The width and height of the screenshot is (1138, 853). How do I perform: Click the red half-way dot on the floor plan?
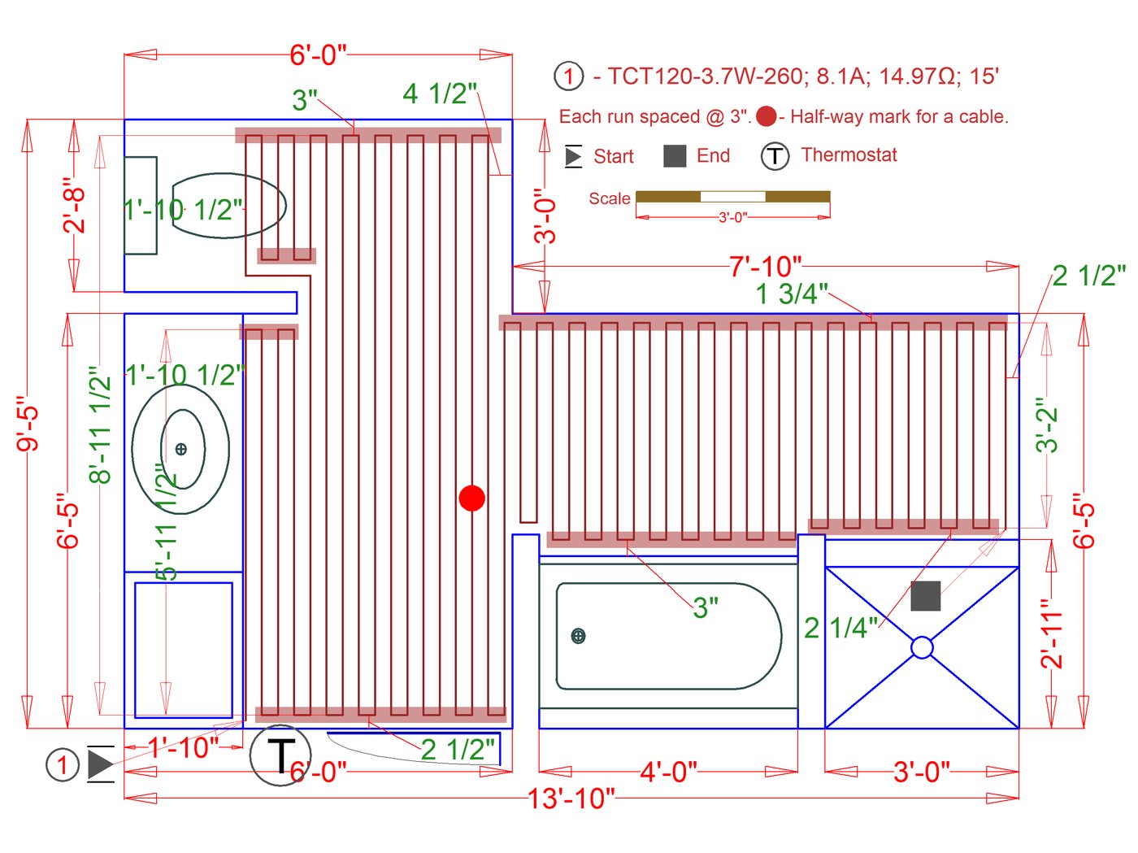tap(471, 498)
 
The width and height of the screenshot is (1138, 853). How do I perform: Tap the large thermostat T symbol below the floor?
tap(280, 755)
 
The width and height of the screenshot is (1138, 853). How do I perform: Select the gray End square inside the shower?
tap(925, 596)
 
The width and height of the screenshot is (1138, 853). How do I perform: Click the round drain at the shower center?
tap(922, 647)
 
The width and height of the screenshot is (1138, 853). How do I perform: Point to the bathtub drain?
tap(578, 636)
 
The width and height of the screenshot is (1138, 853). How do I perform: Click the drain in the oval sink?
tap(180, 449)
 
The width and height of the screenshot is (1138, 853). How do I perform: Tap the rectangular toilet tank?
tap(140, 206)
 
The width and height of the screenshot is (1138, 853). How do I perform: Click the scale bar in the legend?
tap(732, 197)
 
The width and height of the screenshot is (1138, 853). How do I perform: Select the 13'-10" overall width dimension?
tap(571, 799)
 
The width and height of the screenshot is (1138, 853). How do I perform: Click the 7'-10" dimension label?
tap(765, 266)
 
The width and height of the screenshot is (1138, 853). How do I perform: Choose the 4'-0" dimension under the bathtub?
tap(668, 771)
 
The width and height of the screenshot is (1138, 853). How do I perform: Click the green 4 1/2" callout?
tap(440, 94)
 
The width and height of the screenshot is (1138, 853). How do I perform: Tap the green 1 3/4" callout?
tap(791, 294)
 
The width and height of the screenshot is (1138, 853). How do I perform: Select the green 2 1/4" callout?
tap(840, 628)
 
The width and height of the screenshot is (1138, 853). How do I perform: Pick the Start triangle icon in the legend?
tap(574, 156)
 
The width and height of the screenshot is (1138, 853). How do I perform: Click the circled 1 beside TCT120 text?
tap(569, 76)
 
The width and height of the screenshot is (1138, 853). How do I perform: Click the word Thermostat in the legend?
tap(849, 155)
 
